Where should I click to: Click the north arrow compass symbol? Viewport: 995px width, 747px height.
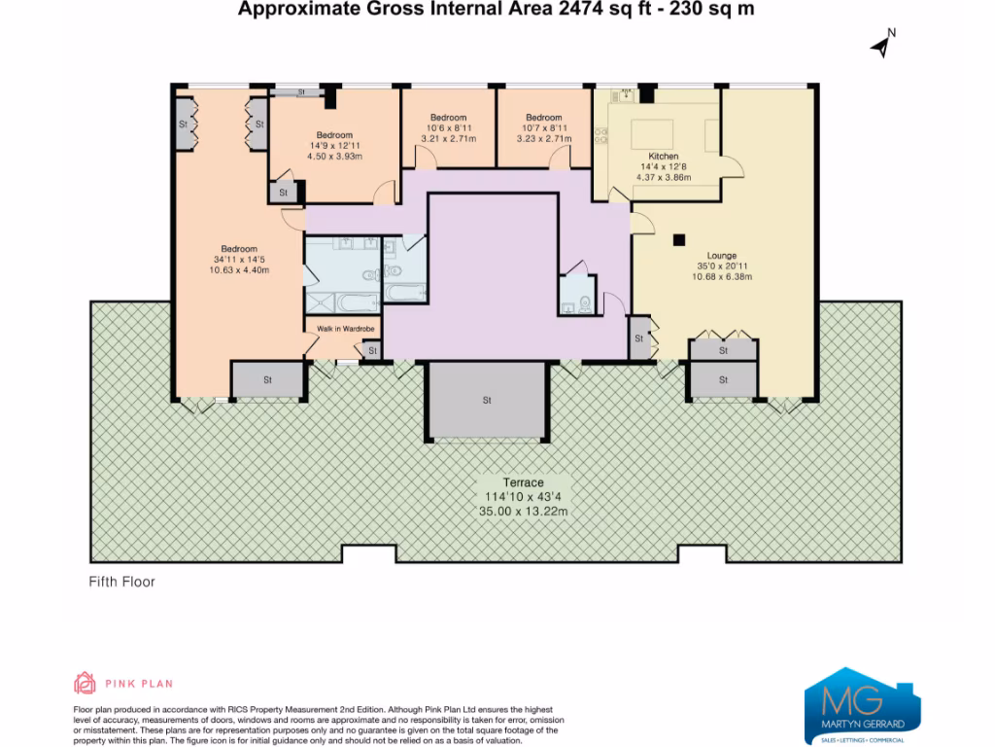click(881, 44)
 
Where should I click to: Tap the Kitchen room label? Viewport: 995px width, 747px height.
click(663, 157)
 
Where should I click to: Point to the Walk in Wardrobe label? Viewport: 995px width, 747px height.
click(346, 329)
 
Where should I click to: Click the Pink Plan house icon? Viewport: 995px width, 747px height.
click(86, 683)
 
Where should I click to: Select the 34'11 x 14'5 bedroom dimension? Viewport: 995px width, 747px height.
click(238, 259)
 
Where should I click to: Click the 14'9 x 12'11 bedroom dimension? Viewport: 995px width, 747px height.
click(334, 145)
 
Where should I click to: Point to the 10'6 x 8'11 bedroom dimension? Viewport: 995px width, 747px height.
click(449, 128)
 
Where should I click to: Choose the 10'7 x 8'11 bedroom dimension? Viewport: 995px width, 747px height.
click(544, 128)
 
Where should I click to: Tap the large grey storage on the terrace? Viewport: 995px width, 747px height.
click(487, 400)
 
